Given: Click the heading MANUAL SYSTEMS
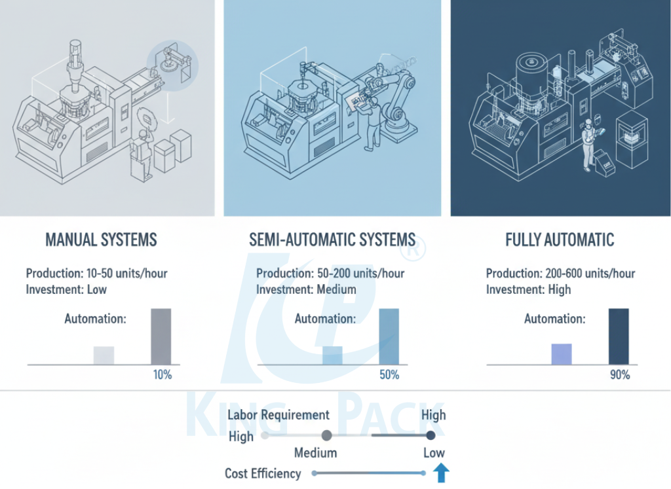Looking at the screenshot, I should [101, 240].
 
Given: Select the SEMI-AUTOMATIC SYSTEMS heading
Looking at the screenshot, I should [332, 240].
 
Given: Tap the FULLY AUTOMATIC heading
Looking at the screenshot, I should [560, 240].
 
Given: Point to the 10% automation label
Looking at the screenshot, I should [161, 375].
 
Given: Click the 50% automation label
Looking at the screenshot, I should [389, 375].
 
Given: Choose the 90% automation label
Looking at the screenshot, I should [619, 375].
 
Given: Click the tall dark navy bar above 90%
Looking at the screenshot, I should [619, 336].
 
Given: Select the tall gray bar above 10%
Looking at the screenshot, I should [161, 336].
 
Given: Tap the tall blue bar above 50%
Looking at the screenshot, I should [389, 336].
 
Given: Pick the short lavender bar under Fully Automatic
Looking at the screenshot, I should [562, 353].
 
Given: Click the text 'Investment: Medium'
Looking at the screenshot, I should [306, 289].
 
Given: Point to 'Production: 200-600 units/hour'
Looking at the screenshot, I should [560, 274].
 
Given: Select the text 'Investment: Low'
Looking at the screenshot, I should [66, 289].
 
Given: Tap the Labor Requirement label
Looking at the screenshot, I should [278, 415].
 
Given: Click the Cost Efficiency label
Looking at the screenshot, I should [263, 473].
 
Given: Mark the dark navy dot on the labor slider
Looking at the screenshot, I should [431, 435].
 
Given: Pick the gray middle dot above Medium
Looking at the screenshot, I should [327, 435].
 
